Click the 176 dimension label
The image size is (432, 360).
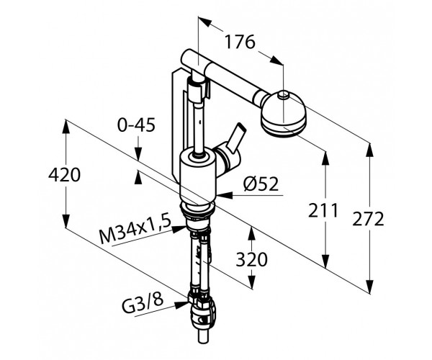[x=240, y=42]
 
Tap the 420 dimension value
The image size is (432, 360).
[x=65, y=175]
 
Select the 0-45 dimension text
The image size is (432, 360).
[x=136, y=125]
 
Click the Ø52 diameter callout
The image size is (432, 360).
[x=261, y=184]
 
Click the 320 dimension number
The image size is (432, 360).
[x=251, y=259]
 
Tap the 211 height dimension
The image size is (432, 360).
[x=323, y=210]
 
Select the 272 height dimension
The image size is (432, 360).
[x=368, y=220]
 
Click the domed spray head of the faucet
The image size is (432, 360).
[x=283, y=114]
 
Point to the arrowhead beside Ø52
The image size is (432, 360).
[x=225, y=195]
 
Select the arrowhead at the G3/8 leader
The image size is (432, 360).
[x=181, y=305]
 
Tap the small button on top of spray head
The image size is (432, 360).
[x=284, y=95]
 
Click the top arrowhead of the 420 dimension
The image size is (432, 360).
[x=66, y=127]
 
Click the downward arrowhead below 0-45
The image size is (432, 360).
[x=138, y=153]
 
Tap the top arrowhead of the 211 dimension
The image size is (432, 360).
[x=325, y=159]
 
